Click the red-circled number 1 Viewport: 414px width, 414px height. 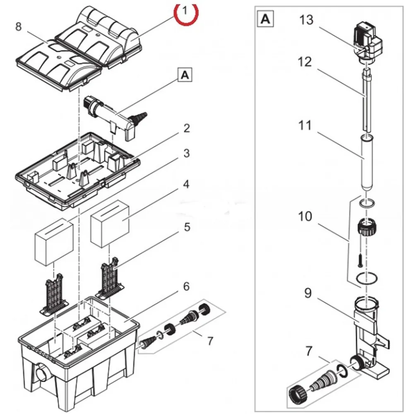pos(186,10)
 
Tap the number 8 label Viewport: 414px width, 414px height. pos(18,27)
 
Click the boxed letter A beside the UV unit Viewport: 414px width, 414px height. pos(185,75)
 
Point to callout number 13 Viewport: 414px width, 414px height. pos(307,20)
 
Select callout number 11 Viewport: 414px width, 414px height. pos(305,125)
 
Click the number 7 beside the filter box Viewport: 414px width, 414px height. pos(210,341)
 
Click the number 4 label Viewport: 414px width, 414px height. pos(187,184)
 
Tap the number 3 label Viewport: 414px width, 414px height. pos(187,154)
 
